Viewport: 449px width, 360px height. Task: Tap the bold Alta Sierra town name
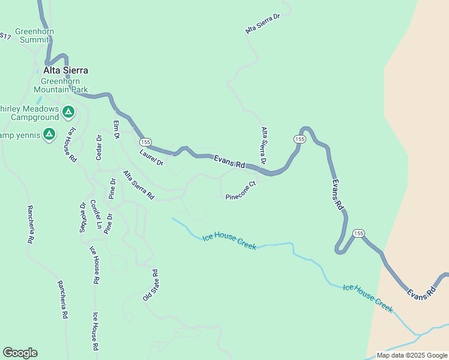pyautogui.click(x=65, y=70)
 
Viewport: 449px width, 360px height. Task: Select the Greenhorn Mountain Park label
pyautogui.click(x=64, y=86)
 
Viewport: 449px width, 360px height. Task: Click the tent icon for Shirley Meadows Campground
pyautogui.click(x=68, y=112)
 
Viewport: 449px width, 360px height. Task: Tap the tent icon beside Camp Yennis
pyautogui.click(x=49, y=134)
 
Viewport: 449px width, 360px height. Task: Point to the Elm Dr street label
pyautogui.click(x=117, y=130)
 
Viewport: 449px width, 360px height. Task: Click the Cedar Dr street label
pyautogui.click(x=99, y=147)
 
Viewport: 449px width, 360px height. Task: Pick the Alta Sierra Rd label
pyautogui.click(x=139, y=185)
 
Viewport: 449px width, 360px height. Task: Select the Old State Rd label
pyautogui.click(x=150, y=285)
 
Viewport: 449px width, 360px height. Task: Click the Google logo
pyautogui.click(x=20, y=353)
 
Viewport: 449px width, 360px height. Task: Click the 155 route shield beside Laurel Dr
pyautogui.click(x=145, y=142)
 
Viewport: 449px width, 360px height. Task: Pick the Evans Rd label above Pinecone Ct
pyautogui.click(x=230, y=161)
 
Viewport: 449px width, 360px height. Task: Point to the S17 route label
pyautogui.click(x=5, y=37)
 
